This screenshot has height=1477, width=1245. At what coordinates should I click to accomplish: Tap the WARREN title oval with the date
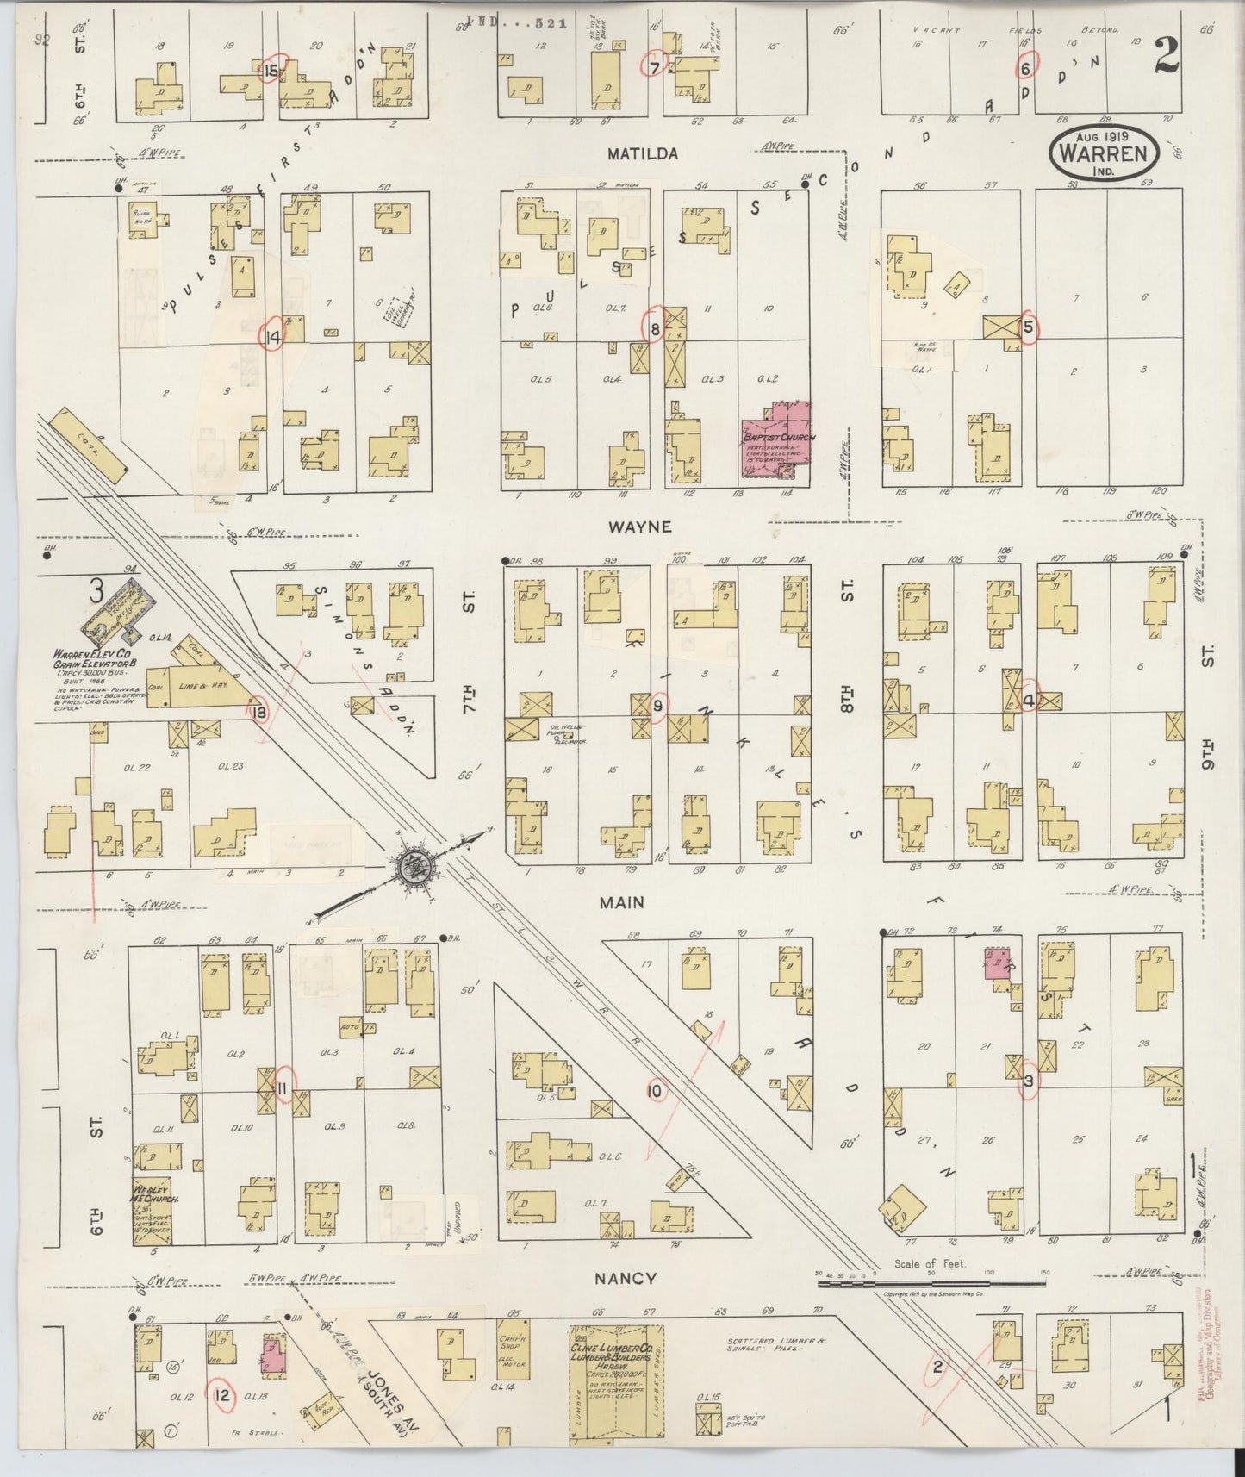point(1104,153)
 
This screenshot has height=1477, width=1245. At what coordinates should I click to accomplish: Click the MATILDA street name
point(642,154)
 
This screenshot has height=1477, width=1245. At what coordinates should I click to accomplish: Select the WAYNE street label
point(638,527)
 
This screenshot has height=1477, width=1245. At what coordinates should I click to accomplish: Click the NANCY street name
point(627,1278)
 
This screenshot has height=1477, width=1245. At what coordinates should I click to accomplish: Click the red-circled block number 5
point(1028,327)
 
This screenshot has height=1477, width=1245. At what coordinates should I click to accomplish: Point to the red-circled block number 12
point(223,1397)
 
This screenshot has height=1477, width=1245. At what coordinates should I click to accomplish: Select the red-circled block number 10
point(655,1091)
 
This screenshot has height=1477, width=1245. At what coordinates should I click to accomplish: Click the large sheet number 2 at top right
point(1167,58)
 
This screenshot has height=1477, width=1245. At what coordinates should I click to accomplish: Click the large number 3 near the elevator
point(96,592)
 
